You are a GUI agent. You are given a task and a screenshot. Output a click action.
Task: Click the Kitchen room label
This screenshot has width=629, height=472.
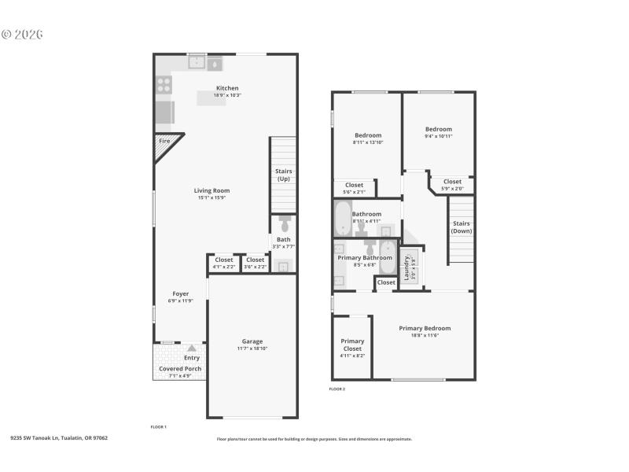pyautogui.click(x=227, y=88)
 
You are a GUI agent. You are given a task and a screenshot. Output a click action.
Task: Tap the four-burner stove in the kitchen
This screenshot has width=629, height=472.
pyautogui.click(x=164, y=84)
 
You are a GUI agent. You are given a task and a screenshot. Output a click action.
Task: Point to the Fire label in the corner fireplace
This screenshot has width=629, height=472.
pyautogui.click(x=164, y=141)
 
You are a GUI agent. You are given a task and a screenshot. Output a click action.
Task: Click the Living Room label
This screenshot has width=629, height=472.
pyautogui.click(x=212, y=190)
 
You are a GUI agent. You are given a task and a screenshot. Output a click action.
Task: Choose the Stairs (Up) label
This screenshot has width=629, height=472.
pyautogui.click(x=283, y=175)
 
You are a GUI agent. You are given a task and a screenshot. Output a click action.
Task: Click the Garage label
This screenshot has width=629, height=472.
pyautogui.click(x=252, y=341)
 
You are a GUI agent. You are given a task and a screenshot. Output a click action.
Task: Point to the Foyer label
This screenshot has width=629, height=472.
pyautogui.click(x=180, y=294)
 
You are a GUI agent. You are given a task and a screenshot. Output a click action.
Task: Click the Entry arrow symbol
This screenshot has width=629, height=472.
pyautogui.click(x=191, y=348)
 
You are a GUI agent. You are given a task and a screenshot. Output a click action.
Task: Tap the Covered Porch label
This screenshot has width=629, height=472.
pyautogui.click(x=180, y=368)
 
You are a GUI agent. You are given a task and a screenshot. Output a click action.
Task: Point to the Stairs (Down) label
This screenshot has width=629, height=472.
pyautogui.click(x=462, y=227)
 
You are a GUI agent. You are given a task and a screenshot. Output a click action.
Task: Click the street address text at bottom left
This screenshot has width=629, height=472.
pyautogui.click(x=59, y=437)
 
